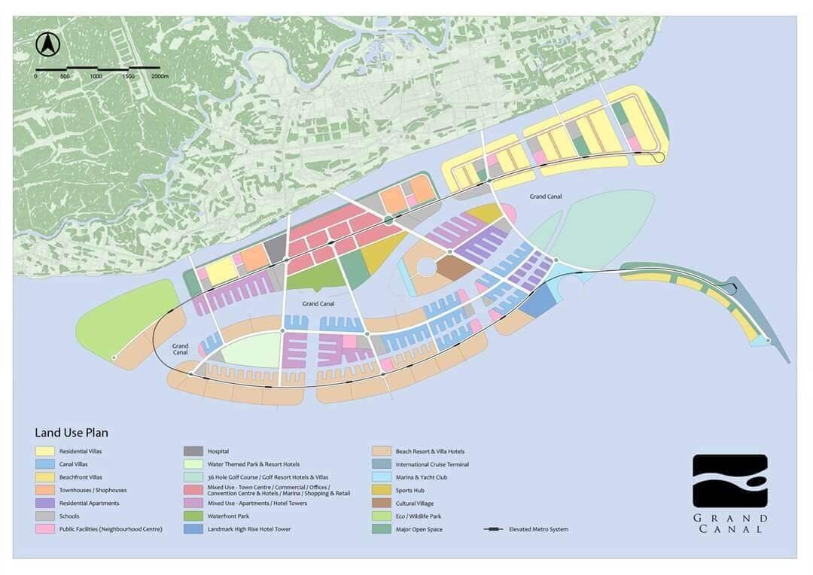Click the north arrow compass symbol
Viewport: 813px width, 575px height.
[x=48, y=45]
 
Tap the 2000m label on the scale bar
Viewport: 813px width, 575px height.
[x=160, y=76]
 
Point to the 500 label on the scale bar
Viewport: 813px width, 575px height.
[x=65, y=76]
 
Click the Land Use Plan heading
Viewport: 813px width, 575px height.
[x=72, y=433]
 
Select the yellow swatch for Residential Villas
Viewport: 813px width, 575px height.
[x=45, y=452]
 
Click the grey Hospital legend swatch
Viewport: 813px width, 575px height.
[x=194, y=452]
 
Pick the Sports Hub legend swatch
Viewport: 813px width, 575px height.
[x=382, y=490]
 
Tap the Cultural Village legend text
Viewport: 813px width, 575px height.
[x=415, y=504]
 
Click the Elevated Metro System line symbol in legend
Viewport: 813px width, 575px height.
[x=494, y=530]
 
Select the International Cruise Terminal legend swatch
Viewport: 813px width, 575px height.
[x=382, y=464]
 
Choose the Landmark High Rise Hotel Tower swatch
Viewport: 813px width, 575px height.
[x=194, y=529]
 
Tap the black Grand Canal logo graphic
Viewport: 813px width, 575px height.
[x=729, y=480]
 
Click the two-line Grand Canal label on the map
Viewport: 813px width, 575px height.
[x=180, y=348]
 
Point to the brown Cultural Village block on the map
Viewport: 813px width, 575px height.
[x=455, y=268]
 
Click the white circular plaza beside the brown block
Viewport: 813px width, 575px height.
[x=427, y=267]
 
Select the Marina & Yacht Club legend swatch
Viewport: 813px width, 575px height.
[x=382, y=477]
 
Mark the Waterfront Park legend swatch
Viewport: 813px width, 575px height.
[x=194, y=516]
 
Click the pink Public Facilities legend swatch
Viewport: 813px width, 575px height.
[x=45, y=529]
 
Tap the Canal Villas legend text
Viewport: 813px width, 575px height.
[x=75, y=464]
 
